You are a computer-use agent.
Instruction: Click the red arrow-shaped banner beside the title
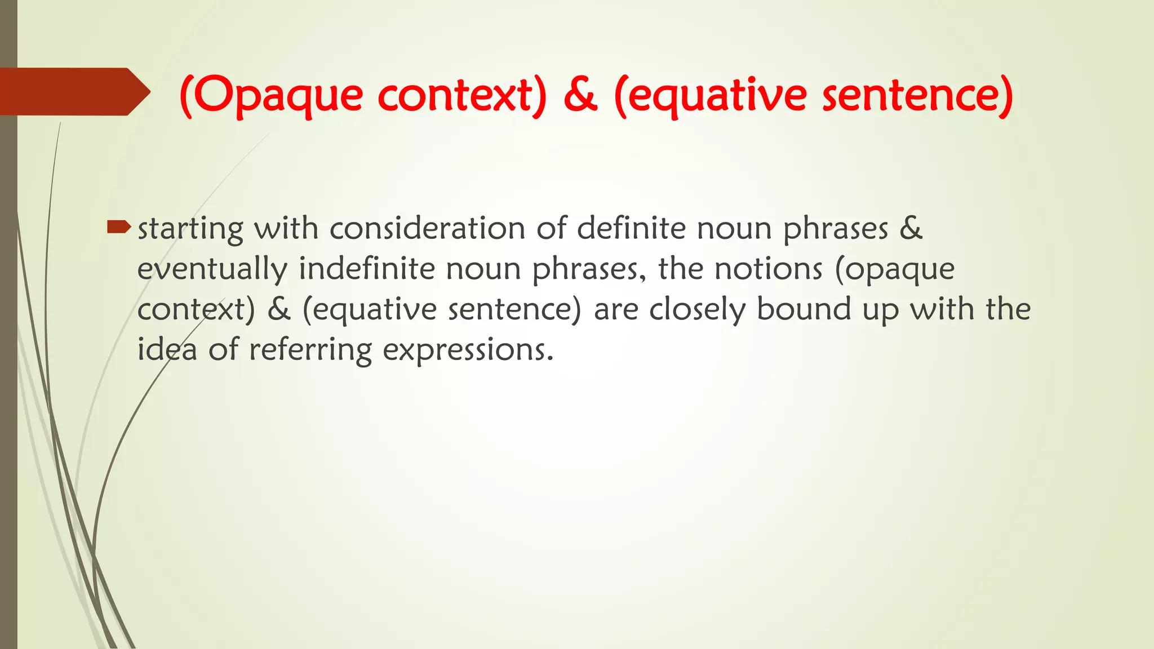73,92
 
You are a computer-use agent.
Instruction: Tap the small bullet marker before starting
118,227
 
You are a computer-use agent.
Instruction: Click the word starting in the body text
190,229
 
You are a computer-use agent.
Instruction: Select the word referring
310,350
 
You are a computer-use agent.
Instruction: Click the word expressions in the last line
468,350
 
